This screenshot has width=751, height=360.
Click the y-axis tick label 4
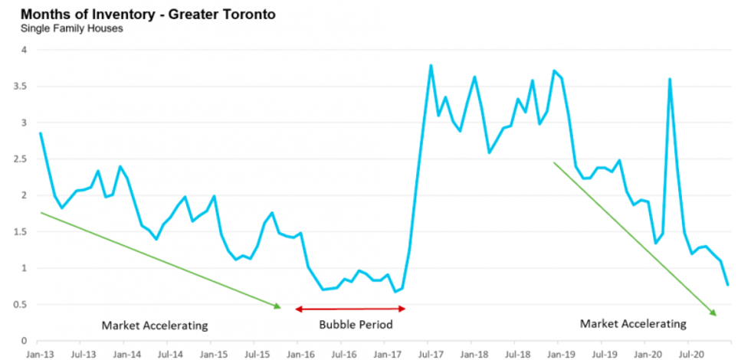click(23, 50)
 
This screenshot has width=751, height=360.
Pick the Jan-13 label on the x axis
click(40, 355)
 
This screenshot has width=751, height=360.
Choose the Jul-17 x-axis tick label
click(431, 355)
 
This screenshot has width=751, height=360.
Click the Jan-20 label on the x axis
click(648, 355)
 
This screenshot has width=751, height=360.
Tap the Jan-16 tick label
click(300, 355)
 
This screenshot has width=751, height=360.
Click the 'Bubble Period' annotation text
click(356, 325)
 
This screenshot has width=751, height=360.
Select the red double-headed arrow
click(350, 309)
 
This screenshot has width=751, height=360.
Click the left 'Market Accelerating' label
click(155, 326)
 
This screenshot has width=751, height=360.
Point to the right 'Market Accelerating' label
click(633, 324)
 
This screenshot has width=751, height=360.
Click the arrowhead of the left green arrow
click(278, 306)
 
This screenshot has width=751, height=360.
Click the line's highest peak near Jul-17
click(431, 65)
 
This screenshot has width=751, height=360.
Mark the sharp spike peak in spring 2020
click(670, 79)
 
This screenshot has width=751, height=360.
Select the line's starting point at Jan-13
click(40, 133)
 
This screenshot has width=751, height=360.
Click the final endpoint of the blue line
click(728, 285)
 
